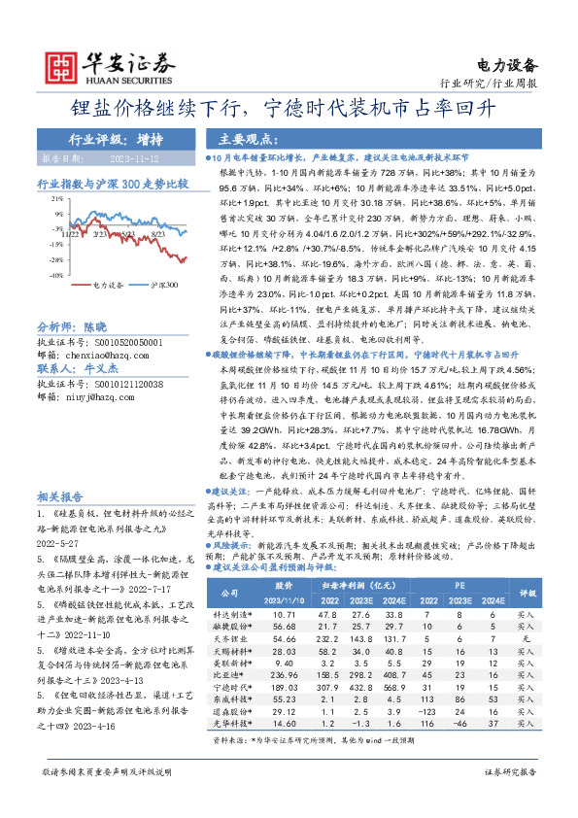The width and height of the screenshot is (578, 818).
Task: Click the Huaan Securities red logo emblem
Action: tap(63, 62)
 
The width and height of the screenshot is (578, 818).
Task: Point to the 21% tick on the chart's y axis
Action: tap(59, 200)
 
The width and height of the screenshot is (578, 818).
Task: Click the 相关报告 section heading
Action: tap(61, 494)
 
